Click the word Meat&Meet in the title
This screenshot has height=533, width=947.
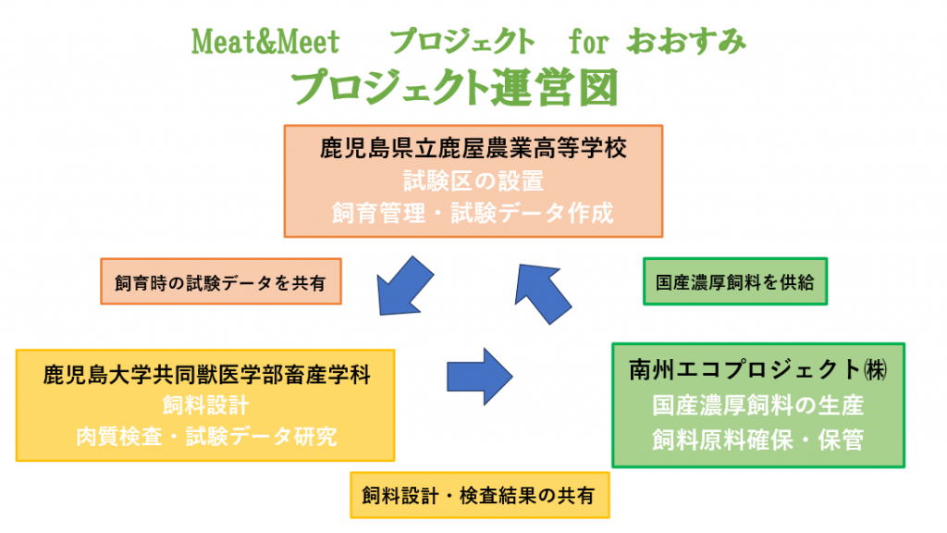coord(265,43)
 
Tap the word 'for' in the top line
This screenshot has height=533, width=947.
coord(588,43)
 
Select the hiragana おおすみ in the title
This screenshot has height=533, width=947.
coord(686,42)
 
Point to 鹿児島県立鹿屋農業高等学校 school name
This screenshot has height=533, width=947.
coord(473,148)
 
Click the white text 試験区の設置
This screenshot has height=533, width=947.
coord(473,180)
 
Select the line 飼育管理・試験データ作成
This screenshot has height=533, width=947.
coord(473,214)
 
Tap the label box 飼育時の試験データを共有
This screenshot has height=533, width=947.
coord(221,281)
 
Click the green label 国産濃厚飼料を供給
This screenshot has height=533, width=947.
coord(735,281)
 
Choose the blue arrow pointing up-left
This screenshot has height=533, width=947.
coord(541,292)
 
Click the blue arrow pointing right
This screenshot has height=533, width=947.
coord(480,377)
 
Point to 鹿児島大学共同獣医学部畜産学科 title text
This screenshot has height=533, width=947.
coord(206,375)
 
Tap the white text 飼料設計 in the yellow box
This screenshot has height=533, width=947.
coord(206,405)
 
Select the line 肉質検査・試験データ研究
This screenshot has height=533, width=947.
coord(206,437)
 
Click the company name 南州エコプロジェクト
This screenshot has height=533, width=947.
coord(744,370)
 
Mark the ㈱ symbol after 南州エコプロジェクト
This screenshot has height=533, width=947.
coord(875,370)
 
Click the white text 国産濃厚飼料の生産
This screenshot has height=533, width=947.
coord(758,405)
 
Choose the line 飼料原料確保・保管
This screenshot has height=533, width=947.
coord(758,440)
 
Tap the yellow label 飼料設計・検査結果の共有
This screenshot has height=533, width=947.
coord(480,496)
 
